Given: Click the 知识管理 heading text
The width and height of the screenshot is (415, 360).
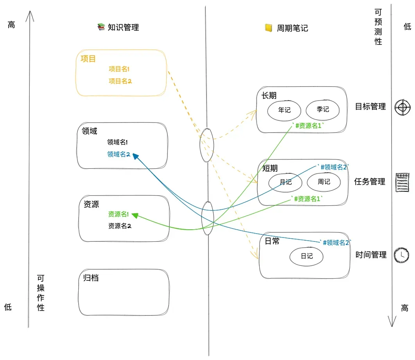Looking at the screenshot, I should point(123,27).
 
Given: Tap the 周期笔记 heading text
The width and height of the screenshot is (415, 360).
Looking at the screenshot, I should point(292,28).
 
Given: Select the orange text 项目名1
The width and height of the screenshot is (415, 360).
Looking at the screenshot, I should point(119,69).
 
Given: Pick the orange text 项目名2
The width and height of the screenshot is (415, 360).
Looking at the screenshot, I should point(119,81).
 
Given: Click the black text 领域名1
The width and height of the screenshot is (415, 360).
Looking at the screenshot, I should point(117,142).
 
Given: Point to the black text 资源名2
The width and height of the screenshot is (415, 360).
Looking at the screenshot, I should point(119,226).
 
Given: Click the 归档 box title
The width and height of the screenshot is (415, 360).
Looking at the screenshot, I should point(91,278).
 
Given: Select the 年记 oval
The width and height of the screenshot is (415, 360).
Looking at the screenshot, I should point(284,110).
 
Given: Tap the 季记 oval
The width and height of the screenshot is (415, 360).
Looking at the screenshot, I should point(323,110).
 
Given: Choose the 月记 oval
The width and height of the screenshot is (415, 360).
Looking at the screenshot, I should point(286,182).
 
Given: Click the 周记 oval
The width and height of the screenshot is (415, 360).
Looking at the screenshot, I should point(324,182).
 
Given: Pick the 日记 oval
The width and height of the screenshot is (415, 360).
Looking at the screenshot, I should point(307,256).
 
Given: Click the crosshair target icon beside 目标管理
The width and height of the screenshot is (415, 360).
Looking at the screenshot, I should point(402,107).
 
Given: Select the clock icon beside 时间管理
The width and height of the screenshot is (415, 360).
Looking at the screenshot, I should point(401,255).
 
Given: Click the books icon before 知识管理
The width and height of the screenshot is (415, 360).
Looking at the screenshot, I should point(101,27).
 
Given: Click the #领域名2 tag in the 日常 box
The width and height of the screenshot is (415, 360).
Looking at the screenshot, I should point(336,243).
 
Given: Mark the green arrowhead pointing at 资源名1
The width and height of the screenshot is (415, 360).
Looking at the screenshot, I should point(135,214).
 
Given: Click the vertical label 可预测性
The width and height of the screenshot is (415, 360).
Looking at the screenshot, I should point(378,27).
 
